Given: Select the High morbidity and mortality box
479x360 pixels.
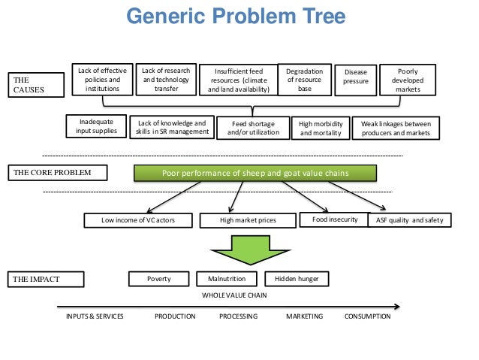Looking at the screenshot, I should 320,128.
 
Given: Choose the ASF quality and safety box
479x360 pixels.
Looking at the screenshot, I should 410,220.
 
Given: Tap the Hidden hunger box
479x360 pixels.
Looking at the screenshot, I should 297,279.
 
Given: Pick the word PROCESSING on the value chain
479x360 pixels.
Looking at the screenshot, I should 238,316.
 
